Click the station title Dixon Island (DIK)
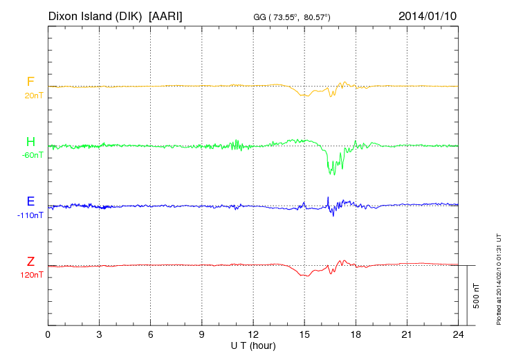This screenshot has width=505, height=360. coord(96,15)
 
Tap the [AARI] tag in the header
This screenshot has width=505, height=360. coord(166,15)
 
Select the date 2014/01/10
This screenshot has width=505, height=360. coord(428,15)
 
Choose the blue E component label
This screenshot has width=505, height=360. coord(30,202)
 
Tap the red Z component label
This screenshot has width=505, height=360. coord(30,262)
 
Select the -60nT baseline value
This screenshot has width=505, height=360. coord(32,155)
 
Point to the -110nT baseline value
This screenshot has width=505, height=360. coord(30,215)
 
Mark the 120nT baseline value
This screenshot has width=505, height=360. coord(32,275)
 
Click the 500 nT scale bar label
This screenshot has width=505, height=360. coord(477,296)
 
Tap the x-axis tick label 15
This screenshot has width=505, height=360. coord(304,335)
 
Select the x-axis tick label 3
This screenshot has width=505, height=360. coord(99,335)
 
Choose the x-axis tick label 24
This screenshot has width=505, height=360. coord(457,335)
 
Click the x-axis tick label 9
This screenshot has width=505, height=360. coord(201,335)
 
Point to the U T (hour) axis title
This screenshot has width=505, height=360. coord(252,345)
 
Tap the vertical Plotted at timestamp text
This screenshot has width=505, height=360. coord(498,277)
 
